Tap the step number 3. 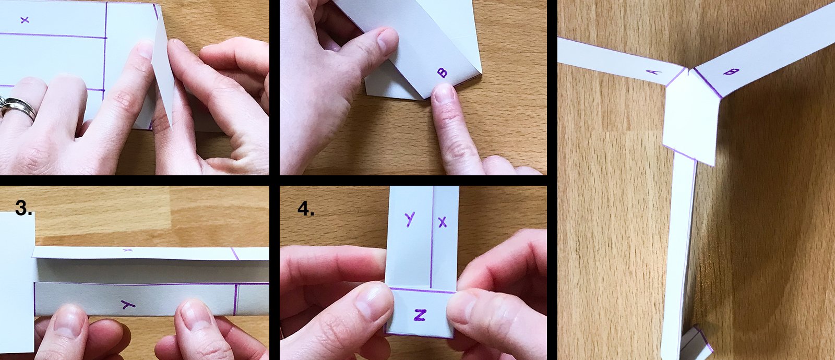[x=23, y=208]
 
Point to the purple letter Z [x=420, y=315]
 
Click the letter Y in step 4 [x=409, y=220]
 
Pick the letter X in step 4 [x=443, y=222]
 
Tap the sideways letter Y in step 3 [x=128, y=305]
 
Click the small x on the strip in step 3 [x=127, y=250]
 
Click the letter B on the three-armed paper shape [x=731, y=71]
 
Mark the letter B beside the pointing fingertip [x=443, y=73]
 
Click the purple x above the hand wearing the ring [x=25, y=20]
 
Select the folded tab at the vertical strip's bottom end [x=696, y=341]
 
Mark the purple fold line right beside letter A [x=675, y=77]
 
